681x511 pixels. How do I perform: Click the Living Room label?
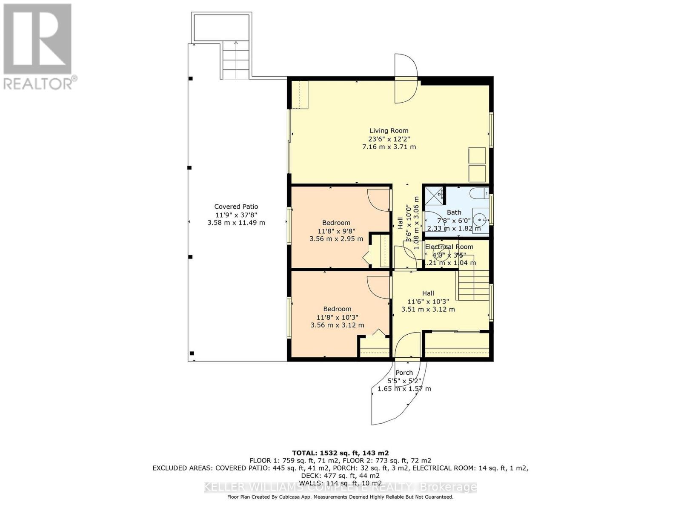tap(389, 131)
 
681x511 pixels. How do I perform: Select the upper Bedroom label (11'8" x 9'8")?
tap(336, 223)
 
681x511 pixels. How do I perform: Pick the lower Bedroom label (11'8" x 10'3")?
tap(337, 309)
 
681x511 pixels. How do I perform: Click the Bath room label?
tap(454, 212)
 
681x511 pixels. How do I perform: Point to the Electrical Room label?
tap(449, 247)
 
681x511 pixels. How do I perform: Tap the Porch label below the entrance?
tap(404, 373)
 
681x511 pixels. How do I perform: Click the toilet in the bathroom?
tap(479, 193)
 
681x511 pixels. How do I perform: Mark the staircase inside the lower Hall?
tap(473, 286)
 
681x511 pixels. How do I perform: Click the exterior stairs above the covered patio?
tap(235, 60)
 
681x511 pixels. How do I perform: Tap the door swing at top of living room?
tap(406, 78)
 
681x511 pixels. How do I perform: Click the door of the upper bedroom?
tap(378, 200)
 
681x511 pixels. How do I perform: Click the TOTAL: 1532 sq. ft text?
tap(340, 453)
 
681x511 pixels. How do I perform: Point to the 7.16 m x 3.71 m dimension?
tap(389, 147)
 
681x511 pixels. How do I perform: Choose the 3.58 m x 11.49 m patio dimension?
tap(236, 223)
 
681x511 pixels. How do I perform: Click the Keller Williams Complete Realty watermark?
tap(340, 487)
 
